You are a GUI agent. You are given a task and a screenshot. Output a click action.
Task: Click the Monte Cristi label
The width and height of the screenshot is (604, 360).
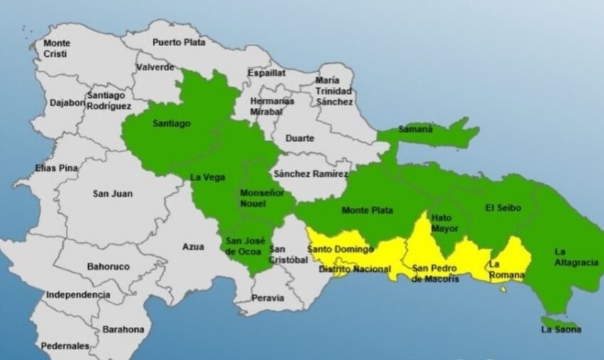(56, 48)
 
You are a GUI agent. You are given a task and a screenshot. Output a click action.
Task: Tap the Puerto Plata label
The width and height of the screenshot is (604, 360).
(178, 42)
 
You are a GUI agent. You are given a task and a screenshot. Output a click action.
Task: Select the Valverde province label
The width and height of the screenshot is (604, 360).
(155, 67)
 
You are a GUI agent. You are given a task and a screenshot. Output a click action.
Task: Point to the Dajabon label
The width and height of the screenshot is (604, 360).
(67, 102)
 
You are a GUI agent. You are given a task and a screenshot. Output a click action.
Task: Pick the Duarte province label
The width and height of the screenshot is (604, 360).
(299, 138)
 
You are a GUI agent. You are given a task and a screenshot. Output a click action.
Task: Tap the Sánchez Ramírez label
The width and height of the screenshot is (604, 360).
(311, 174)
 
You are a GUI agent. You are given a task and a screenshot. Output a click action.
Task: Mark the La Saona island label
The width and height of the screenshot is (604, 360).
(561, 329)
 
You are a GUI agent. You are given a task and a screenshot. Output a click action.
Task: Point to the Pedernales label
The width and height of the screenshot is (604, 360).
(65, 346)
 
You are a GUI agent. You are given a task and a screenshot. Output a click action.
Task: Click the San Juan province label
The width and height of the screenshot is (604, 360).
(112, 193)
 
